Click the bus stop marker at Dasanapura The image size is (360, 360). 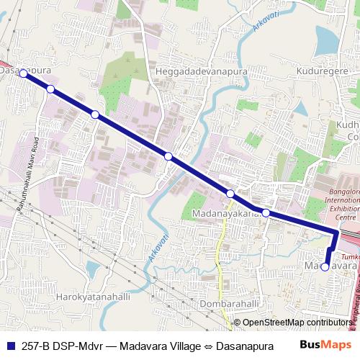point(23,73)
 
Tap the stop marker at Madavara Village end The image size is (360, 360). point(325,266)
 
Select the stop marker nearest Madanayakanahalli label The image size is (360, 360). point(266,212)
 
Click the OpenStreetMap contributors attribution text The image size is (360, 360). point(297,323)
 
